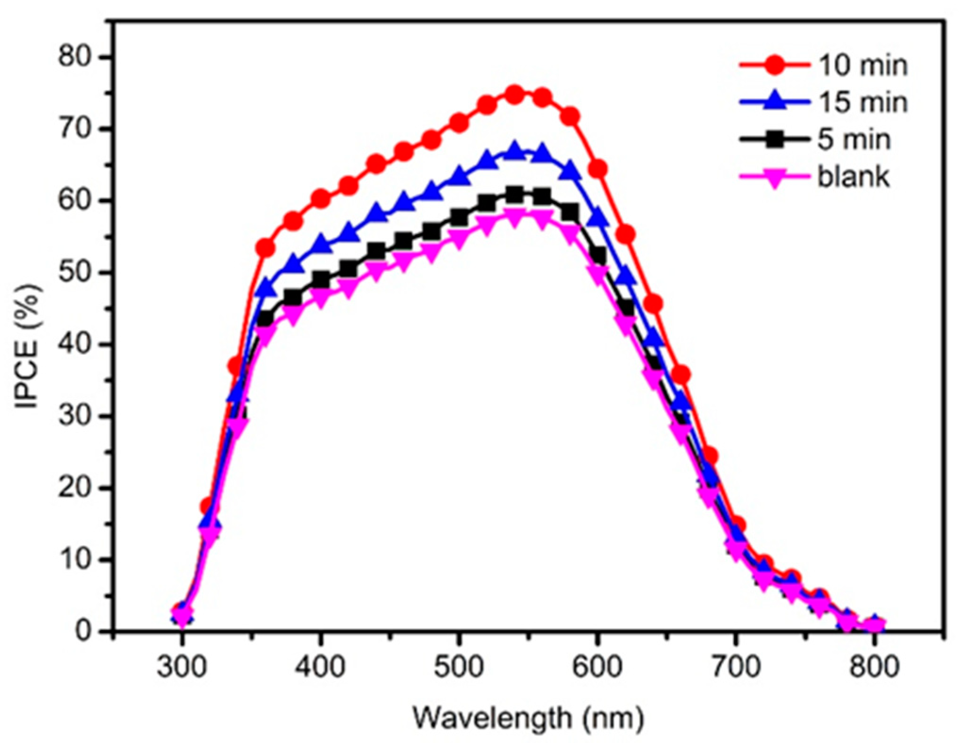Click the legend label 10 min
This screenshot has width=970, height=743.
click(x=862, y=65)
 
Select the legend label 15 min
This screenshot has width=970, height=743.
click(x=862, y=102)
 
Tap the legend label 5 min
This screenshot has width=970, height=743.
click(x=854, y=140)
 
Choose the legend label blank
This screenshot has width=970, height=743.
click(x=853, y=177)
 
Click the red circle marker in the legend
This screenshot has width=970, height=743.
click(x=774, y=65)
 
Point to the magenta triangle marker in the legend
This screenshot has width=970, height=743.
click(x=774, y=179)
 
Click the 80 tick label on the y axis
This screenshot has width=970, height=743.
click(x=73, y=57)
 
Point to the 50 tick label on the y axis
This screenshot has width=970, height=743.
click(x=73, y=273)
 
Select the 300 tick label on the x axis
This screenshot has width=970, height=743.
click(x=182, y=667)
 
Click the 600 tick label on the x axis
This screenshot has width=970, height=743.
click(x=597, y=667)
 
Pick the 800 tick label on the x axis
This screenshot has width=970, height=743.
click(x=874, y=667)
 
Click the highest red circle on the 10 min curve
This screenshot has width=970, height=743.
click(x=514, y=95)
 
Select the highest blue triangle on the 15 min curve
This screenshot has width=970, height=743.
click(x=514, y=152)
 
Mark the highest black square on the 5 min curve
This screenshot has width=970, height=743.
click(x=514, y=194)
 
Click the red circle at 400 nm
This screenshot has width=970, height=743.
click(x=321, y=199)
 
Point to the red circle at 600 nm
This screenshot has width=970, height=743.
click(x=597, y=169)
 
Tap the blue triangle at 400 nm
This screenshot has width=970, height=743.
click(x=321, y=244)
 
